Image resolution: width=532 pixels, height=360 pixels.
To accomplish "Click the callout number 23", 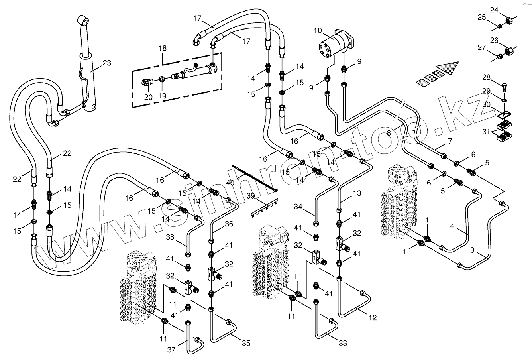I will tap(106, 63).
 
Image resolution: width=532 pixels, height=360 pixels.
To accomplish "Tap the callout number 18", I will tap(162, 48).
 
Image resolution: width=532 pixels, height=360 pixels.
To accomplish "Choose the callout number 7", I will tap(450, 141).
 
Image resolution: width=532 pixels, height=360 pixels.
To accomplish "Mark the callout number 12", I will tap(373, 318).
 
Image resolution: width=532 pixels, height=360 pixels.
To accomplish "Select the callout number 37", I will tap(171, 350).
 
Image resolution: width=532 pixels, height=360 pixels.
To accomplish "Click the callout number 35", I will tap(246, 343).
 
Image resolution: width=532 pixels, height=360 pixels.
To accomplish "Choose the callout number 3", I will tap(472, 250).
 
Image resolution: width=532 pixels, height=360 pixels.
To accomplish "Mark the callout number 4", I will tap(452, 226).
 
